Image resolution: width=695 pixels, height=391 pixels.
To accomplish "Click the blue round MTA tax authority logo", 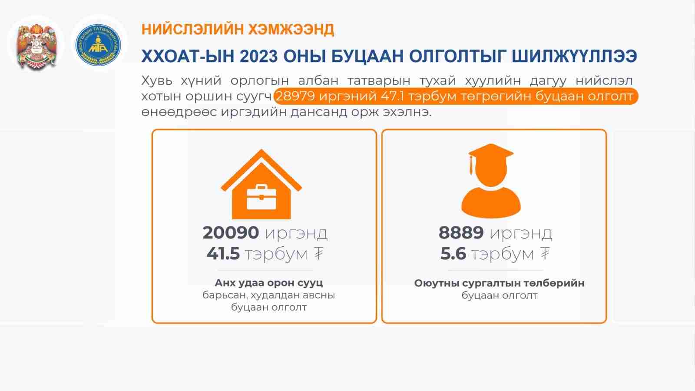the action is coord(98,45).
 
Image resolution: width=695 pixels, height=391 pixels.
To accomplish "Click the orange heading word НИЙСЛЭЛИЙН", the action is coord(192,30).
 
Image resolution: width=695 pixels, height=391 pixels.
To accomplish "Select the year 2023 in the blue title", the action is coord(258,56).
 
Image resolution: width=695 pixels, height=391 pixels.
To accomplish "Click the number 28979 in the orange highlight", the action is coord(295,96).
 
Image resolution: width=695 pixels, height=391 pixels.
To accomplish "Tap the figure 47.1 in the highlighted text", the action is coord(392,96).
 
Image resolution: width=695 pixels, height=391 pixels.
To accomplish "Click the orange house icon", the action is coord(261,184).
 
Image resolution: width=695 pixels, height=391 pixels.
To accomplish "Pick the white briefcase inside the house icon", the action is coord(261,197).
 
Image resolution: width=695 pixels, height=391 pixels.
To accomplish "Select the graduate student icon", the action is coord(491,181).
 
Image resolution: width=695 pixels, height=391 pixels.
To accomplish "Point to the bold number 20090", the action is coord(231,232).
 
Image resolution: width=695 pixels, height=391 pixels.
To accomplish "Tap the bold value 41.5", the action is coord(223,254).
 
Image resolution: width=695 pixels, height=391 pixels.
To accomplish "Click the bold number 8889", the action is coord(461,232).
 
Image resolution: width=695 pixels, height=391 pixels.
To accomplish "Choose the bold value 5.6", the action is coord(453,254).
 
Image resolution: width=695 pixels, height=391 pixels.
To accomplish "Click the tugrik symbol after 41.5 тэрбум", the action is coord(318,253).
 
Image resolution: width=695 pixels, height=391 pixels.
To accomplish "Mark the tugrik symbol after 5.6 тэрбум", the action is coord(545,253).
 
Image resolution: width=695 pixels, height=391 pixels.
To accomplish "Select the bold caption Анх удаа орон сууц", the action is coord(269,283).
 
